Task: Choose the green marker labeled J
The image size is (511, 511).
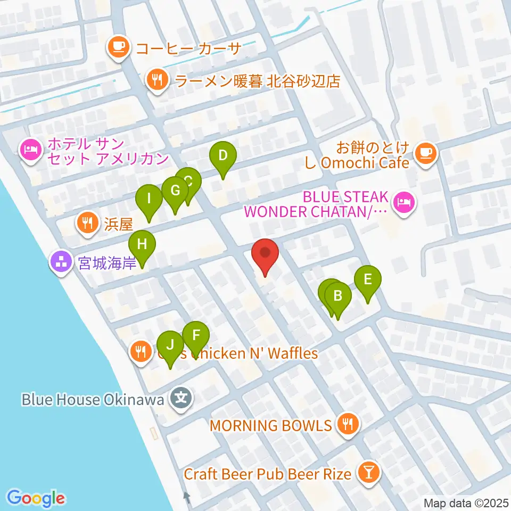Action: pyautogui.click(x=170, y=345)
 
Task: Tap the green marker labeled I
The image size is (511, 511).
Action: pyautogui.click(x=150, y=200)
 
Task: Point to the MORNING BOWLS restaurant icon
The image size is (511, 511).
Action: pyautogui.click(x=348, y=425)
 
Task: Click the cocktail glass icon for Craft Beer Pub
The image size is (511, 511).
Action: pyautogui.click(x=368, y=473)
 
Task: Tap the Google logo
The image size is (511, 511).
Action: pyautogui.click(x=36, y=498)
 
